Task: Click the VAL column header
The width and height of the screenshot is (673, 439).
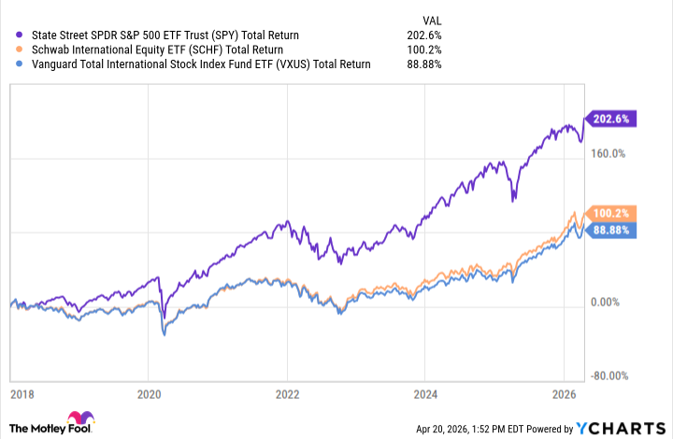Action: (x=429, y=17)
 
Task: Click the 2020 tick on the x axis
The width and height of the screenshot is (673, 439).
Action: (x=150, y=394)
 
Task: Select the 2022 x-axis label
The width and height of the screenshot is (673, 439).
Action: (x=287, y=394)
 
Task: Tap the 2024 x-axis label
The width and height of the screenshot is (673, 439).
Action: (x=425, y=394)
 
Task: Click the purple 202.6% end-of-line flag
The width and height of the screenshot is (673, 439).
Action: (x=612, y=119)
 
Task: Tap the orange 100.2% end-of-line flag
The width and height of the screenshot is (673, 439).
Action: (x=612, y=213)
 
